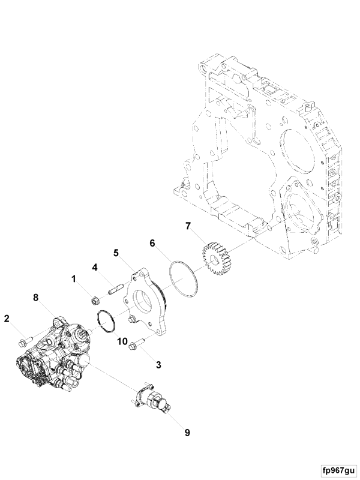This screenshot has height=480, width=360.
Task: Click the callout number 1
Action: (73, 279)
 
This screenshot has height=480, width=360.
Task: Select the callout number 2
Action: (7, 319)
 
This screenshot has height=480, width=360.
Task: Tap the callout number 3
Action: (158, 365)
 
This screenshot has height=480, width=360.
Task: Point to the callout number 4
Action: (95, 267)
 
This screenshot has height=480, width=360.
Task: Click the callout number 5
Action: (116, 253)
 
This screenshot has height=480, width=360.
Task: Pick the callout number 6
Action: (152, 243)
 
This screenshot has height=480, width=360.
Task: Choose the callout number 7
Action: (188, 226)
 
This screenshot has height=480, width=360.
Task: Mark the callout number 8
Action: (36, 297)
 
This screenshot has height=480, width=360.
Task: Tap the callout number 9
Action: (187, 433)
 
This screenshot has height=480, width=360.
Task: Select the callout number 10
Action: (122, 341)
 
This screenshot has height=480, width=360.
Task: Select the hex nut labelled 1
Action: (95, 301)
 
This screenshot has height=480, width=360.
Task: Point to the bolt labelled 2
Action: (25, 341)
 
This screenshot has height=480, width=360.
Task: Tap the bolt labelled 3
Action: (136, 343)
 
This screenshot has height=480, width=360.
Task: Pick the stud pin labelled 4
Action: (116, 289)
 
